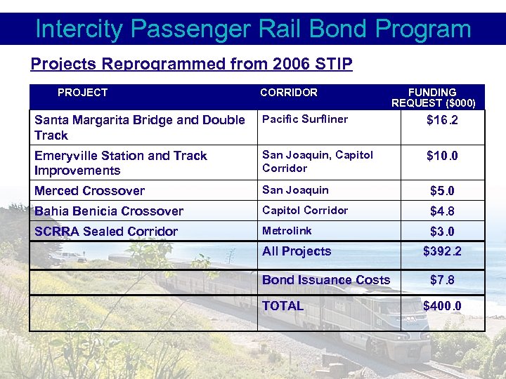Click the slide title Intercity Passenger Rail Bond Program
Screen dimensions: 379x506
click(x=253, y=29)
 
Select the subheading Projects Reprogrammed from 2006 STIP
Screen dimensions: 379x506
click(x=191, y=65)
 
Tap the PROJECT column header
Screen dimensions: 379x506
click(x=82, y=93)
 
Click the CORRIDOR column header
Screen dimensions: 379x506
click(x=288, y=93)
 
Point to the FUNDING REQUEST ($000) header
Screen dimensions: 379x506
click(x=433, y=98)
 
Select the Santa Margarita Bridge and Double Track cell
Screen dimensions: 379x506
click(x=139, y=128)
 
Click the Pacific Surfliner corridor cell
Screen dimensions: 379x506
click(x=304, y=119)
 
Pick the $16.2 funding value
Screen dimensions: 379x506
click(x=442, y=121)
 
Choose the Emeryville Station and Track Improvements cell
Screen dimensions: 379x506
click(x=120, y=163)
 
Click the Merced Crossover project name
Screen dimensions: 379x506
click(x=89, y=191)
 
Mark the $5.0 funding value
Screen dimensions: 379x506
click(x=442, y=191)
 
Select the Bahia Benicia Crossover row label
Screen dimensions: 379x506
click(x=108, y=211)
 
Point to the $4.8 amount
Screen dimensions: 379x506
click(x=442, y=211)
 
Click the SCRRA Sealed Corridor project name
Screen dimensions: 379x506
click(x=105, y=232)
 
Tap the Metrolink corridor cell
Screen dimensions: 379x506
click(x=286, y=231)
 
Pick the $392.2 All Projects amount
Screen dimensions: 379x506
click(x=442, y=252)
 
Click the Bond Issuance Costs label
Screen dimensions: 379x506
click(x=325, y=280)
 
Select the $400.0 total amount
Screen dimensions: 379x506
click(x=442, y=306)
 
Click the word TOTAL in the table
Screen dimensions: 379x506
click(x=283, y=306)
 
